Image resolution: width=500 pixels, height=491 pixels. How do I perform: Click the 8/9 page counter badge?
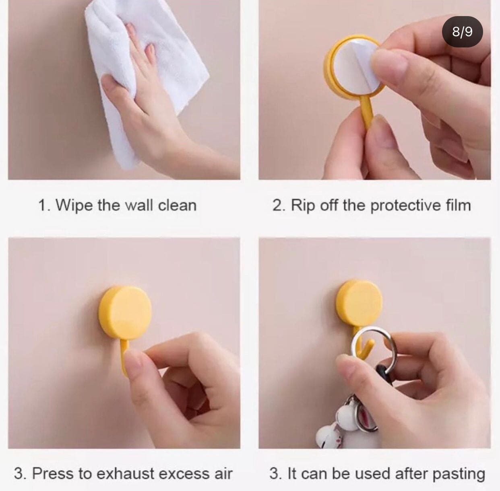click(462, 32)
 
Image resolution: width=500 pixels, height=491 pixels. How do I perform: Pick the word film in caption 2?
click(459, 205)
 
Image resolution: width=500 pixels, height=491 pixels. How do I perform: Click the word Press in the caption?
click(53, 473)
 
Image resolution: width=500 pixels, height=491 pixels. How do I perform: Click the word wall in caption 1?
click(139, 206)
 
